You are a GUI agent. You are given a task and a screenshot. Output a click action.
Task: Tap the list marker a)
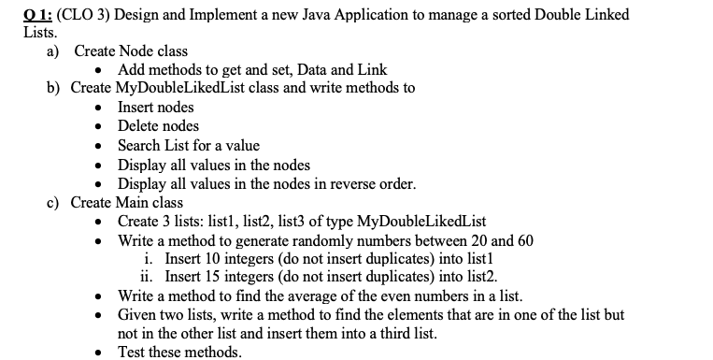54,50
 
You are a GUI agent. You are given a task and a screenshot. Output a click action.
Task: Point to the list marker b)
54,88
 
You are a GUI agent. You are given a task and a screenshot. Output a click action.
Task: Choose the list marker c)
54,202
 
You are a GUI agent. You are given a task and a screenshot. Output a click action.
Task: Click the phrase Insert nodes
155,107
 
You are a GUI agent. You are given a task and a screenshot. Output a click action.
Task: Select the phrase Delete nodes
158,125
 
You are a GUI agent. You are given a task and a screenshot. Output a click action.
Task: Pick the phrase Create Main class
127,202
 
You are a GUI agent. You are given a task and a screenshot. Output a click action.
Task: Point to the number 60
523,239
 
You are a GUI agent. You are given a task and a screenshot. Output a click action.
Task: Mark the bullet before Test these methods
102,353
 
